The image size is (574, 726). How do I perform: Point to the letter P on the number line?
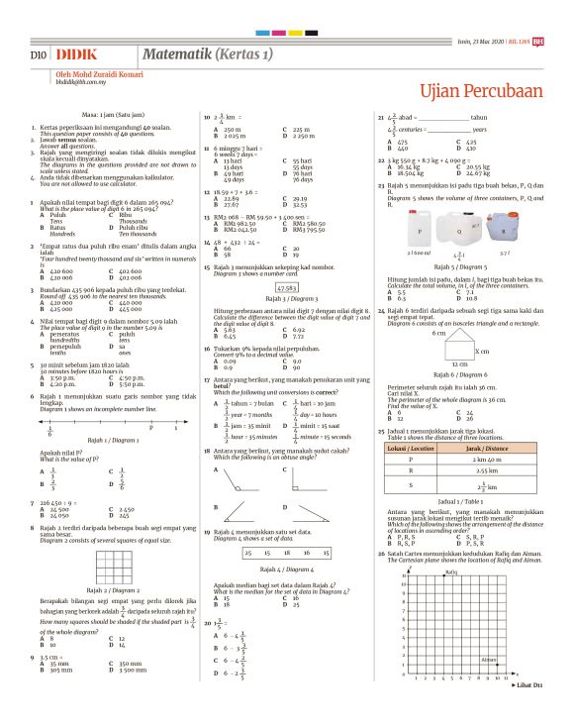(x=149, y=398)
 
